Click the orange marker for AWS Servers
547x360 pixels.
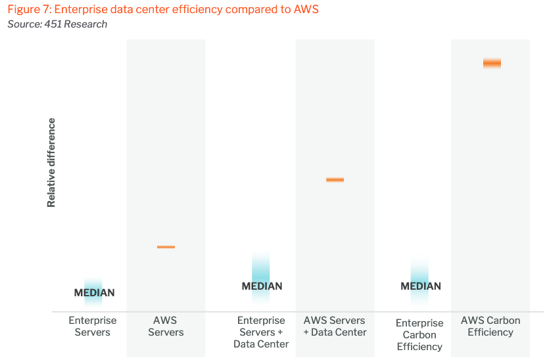[x=166, y=247]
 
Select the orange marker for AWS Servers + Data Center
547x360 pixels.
[x=335, y=179]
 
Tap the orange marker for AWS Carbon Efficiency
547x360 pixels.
[x=492, y=63]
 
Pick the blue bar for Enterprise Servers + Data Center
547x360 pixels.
[x=261, y=269]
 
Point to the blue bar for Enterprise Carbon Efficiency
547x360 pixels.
[x=420, y=273]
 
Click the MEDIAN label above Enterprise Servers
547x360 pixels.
[x=94, y=293]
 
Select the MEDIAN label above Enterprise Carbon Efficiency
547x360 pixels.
[x=421, y=286]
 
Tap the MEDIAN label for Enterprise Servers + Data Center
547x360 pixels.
[x=262, y=286]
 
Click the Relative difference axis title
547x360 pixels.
[x=51, y=163]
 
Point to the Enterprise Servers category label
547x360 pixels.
[x=93, y=326]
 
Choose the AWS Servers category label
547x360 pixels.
[x=166, y=326]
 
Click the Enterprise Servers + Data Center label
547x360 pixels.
[x=261, y=332]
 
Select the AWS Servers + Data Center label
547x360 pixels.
[x=335, y=326]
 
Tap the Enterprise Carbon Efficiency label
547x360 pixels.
[x=419, y=335]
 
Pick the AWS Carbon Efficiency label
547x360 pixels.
[x=490, y=326]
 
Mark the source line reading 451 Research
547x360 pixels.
[x=57, y=24]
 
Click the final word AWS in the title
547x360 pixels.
[x=304, y=10]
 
